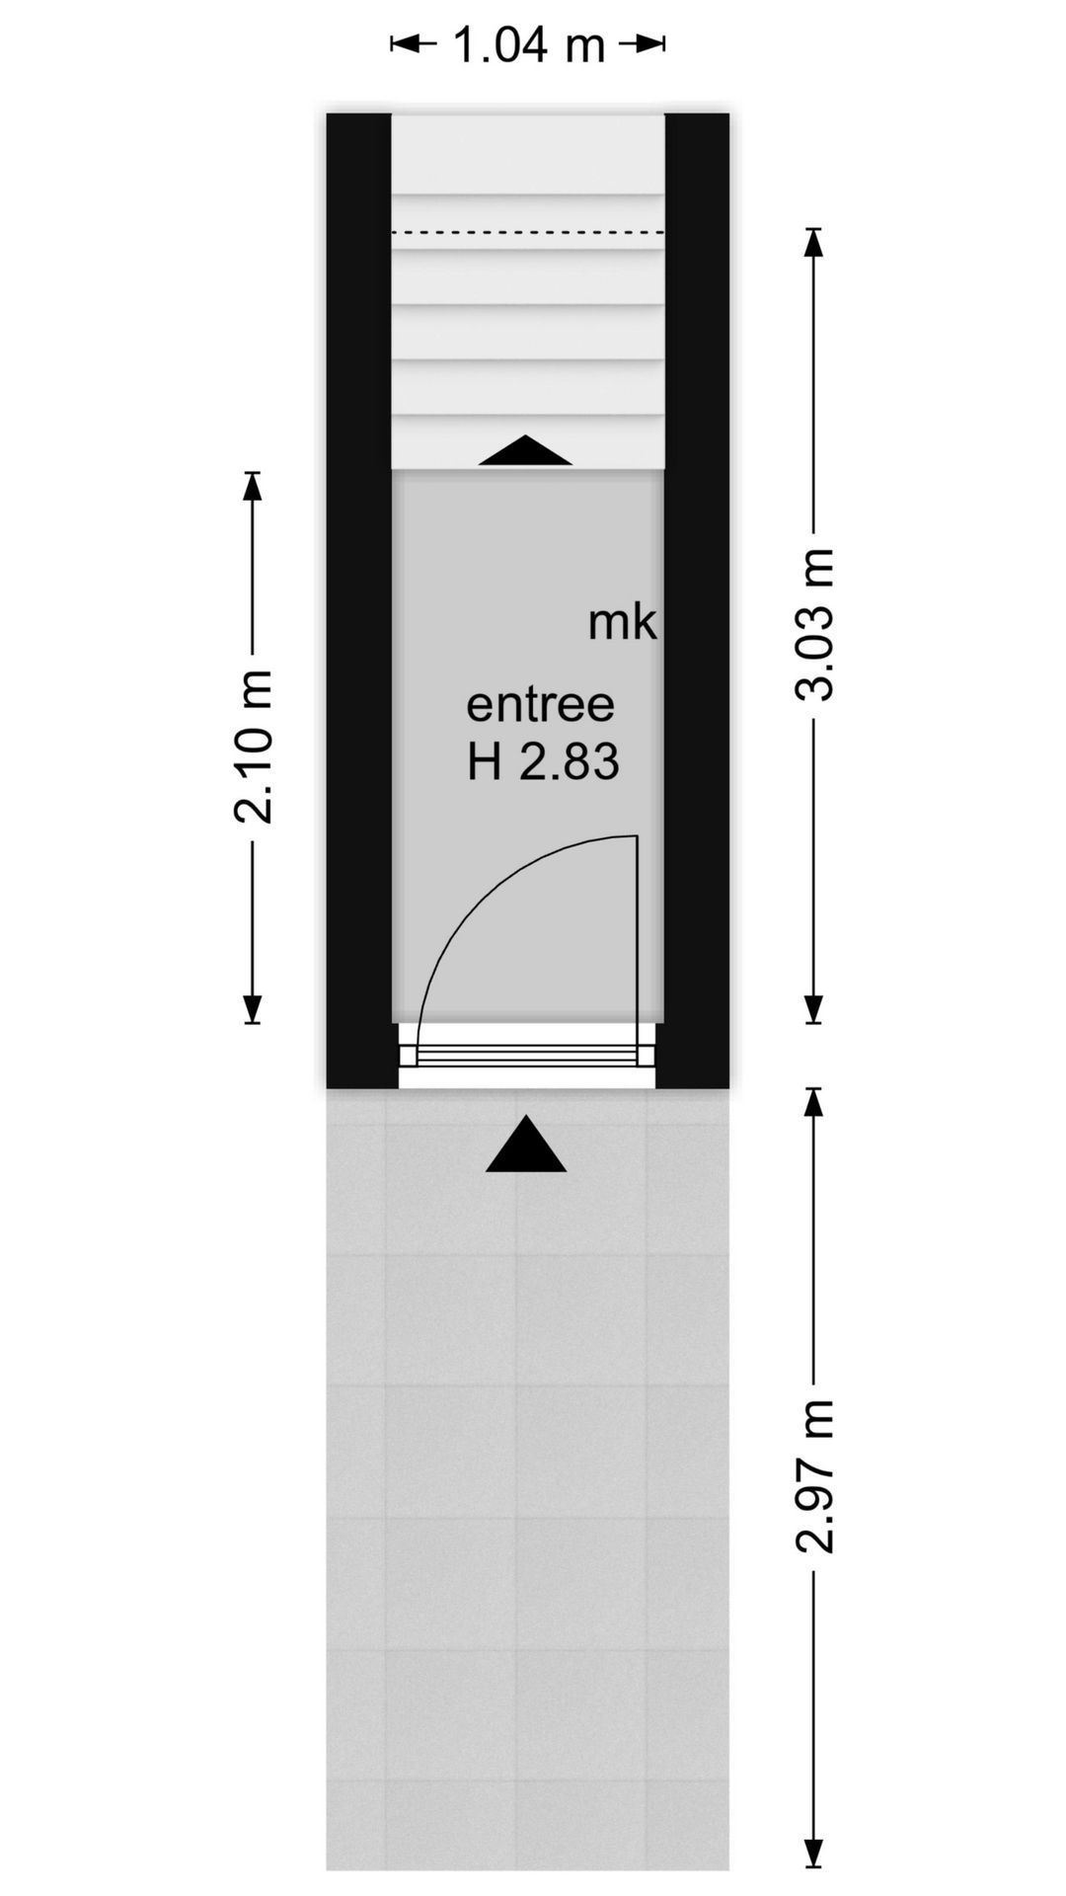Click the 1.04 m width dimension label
tap(528, 44)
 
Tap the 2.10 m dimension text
tap(254, 748)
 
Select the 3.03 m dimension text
tap(815, 625)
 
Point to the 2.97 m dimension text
tap(815, 1476)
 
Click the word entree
tap(540, 705)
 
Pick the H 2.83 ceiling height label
tap(543, 761)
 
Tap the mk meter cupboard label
tap(622, 622)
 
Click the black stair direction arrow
tap(525, 450)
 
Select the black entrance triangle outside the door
tap(526, 1145)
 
